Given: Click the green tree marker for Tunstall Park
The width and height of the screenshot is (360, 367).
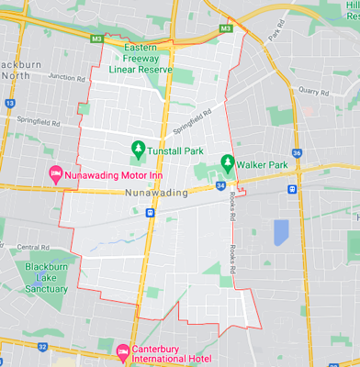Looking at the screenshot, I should coord(137,148).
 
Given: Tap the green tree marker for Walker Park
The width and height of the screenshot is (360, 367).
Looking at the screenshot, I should coord(227,163).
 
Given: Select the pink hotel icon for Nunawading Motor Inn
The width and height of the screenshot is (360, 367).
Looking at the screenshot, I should coord(54,172).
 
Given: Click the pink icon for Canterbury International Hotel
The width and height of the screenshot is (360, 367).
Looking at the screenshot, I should coord(123,350).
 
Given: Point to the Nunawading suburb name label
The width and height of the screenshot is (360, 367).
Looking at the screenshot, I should coord(154,193).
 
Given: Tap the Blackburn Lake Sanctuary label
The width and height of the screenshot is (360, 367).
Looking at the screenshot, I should coord(47,277).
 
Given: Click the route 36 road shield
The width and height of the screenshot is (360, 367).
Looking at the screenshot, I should coord(296,153).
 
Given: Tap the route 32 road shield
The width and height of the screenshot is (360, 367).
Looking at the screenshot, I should coord(42,346).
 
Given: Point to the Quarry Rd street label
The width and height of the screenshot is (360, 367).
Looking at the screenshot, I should coord(313,92).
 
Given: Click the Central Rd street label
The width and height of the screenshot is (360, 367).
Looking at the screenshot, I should coord(33,247).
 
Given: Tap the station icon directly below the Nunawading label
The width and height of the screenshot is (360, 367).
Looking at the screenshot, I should coord(149,212).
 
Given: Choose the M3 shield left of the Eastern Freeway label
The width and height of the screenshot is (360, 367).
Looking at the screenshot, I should coord(96,39).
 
